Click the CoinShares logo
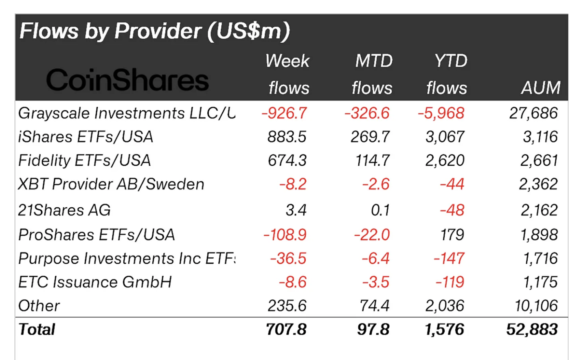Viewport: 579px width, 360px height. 127,80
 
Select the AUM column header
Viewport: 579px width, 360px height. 540,88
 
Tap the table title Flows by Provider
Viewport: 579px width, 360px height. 155,31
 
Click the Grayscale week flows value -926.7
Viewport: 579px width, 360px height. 284,113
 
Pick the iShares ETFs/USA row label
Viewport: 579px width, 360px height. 86,137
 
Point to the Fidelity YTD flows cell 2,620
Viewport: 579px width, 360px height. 445,160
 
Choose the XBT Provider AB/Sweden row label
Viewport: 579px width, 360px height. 111,184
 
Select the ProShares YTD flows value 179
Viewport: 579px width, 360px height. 452,235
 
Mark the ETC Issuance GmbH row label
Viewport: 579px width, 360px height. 95,282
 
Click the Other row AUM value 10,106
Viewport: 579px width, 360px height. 536,306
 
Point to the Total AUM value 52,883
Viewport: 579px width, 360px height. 532,329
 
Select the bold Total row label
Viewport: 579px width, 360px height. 37,329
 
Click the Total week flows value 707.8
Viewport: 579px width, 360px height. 286,329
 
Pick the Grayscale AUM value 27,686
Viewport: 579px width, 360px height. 533,113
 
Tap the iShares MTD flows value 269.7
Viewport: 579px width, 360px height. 370,137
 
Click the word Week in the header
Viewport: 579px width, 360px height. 287,61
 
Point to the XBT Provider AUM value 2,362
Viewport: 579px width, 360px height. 538,184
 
